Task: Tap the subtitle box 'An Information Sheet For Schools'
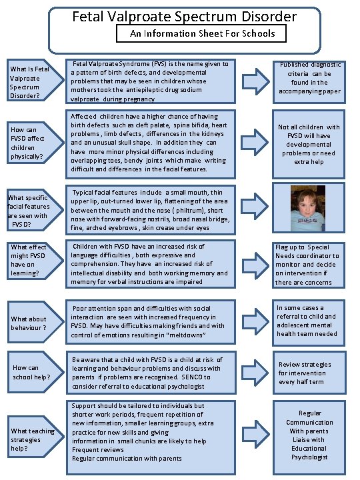coord(201,33)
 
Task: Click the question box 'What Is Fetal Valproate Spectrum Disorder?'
coord(29,82)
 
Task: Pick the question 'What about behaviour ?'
coord(29,323)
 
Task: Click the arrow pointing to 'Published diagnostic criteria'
coord(255,79)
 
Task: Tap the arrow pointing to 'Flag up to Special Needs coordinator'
coord(255,262)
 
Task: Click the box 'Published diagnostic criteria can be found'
coord(308,78)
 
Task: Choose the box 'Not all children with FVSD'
coord(309,144)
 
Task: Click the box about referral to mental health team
coord(307,320)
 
